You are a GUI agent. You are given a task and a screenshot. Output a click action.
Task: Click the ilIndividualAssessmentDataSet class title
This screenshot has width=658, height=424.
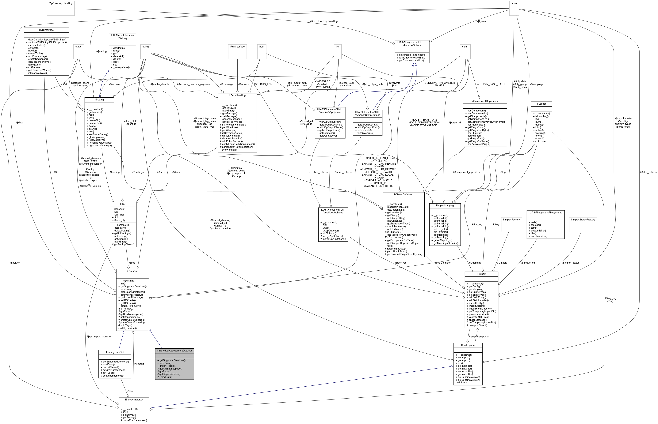pos(174,351)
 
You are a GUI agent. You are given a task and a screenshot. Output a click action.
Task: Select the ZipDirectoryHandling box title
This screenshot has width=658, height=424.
pos(61,3)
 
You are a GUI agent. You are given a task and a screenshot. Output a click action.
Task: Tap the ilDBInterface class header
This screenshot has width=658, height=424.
pos(46,30)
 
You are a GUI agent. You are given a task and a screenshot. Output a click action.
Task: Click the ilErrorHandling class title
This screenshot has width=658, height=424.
pos(237,95)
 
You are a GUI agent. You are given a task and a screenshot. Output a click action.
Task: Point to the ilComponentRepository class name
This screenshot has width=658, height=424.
pos(485,101)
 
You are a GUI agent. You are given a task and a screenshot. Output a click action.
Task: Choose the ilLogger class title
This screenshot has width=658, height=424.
pos(541,104)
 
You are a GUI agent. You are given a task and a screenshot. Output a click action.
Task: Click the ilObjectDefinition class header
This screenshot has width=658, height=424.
pos(403,194)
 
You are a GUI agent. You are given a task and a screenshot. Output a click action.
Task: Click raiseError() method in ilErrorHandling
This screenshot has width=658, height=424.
pos(228,111)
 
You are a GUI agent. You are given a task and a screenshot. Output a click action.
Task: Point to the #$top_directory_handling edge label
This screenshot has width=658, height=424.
pos(323,21)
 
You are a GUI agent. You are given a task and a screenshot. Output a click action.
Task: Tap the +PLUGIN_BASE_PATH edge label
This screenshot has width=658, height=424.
pos(491,84)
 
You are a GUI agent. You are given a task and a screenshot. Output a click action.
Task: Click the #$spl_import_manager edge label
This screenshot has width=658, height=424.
pos(99,336)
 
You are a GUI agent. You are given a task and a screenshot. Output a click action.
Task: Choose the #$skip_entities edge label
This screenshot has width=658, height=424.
pos(648,172)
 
